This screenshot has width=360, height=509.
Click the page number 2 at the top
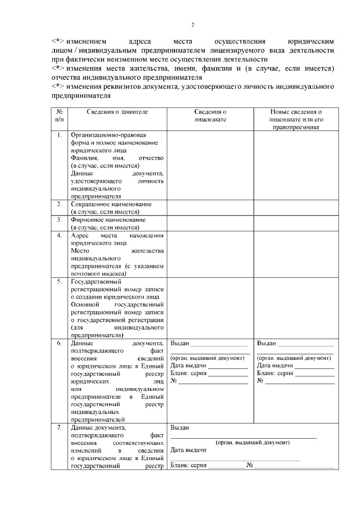pyautogui.click(x=192, y=25)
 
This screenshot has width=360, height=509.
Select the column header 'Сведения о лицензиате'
pyautogui.click(x=210, y=116)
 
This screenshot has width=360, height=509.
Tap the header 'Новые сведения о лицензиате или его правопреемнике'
pyautogui.click(x=295, y=120)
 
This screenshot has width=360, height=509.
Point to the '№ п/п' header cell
pyautogui.click(x=60, y=116)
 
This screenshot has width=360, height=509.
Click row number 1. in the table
pyautogui.click(x=60, y=136)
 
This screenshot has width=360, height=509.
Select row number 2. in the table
pyautogui.click(x=60, y=204)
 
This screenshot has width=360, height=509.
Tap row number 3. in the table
pyautogui.click(x=60, y=219)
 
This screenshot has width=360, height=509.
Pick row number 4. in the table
pyautogui.click(x=60, y=235)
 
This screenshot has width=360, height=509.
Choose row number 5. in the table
pyautogui.click(x=60, y=281)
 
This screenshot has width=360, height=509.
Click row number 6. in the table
pyautogui.click(x=60, y=343)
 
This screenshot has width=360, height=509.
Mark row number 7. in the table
pyautogui.click(x=60, y=427)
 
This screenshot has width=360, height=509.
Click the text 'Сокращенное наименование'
pyautogui.click(x=111, y=204)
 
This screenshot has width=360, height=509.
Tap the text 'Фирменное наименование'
pyautogui.click(x=108, y=219)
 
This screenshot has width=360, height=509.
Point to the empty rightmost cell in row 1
pyautogui.click(x=295, y=165)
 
